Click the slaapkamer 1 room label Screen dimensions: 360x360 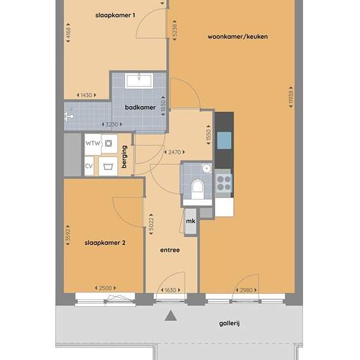coord(115,16)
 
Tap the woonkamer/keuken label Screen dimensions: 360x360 coord(238,37)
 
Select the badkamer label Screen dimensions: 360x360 coord(140,107)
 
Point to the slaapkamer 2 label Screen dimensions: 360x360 coord(105,243)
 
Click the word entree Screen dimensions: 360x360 coord(170,250)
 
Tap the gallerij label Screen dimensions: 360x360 coord(229,323)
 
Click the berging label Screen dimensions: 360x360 coord(124,157)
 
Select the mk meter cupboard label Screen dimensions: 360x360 coord(190,221)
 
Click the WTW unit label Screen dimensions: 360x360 coord(93,143)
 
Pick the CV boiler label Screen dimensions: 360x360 coord(89,166)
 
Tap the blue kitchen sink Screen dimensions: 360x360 coord(224,140)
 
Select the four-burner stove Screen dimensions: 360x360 coord(224,183)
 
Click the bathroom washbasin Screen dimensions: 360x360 coord(139,81)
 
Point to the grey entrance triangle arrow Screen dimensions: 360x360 coord(171,315)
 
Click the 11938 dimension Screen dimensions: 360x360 coord(291,97)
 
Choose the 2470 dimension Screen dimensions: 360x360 coord(175,152)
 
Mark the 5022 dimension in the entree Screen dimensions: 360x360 coord(151,224)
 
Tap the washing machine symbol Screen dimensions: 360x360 coord(108,166)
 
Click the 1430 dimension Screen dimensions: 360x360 coord(86,95)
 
